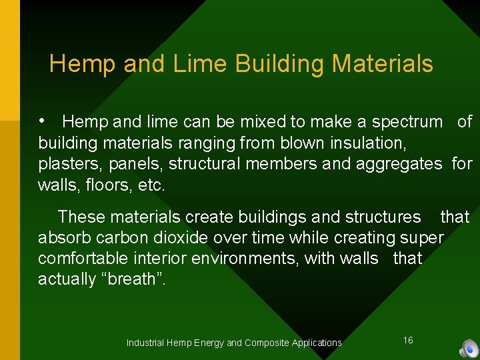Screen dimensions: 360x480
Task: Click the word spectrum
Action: [x=407, y=122]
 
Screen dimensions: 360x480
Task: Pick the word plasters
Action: [x=65, y=164]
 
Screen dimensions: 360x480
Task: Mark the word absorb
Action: [x=63, y=238]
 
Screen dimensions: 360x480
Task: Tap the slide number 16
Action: [x=408, y=341]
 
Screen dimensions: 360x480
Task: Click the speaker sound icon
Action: [x=469, y=349]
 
